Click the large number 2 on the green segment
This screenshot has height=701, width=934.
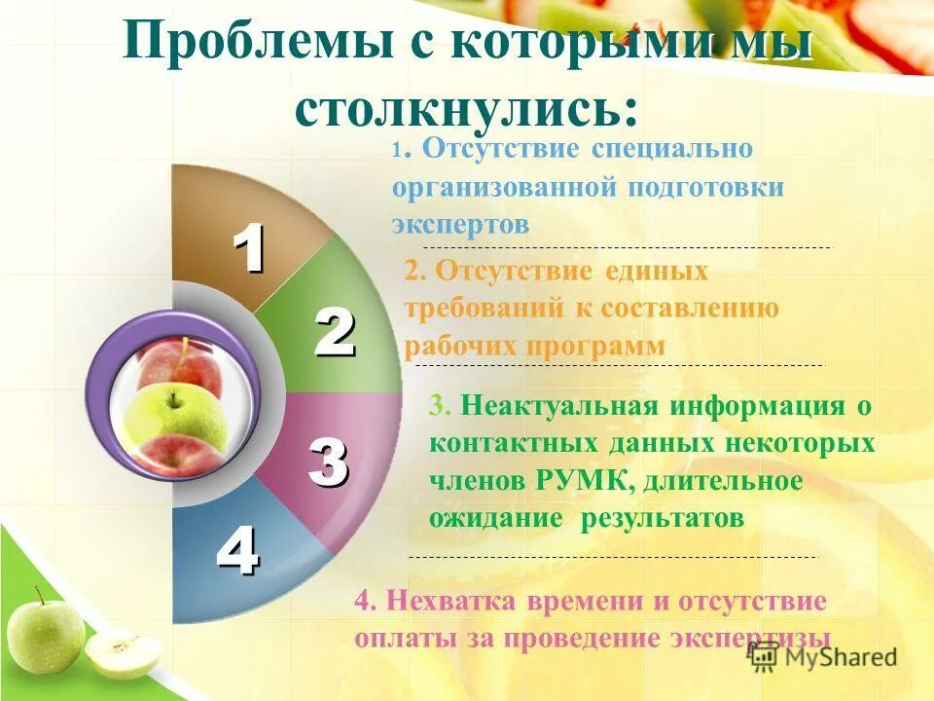click(334, 334)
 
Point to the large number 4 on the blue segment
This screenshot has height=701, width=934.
click(236, 551)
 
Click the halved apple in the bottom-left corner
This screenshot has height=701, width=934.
click(123, 653)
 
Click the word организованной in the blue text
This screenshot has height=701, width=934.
click(506, 187)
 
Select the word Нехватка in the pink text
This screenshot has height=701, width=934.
click(443, 601)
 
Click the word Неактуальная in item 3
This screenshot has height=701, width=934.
click(553, 405)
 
